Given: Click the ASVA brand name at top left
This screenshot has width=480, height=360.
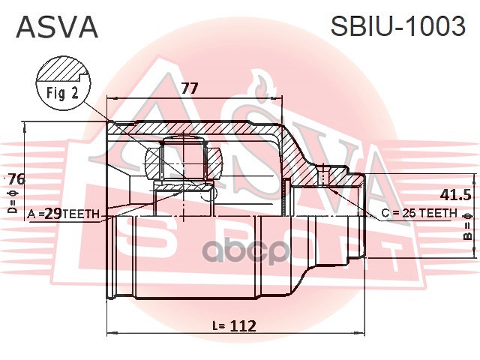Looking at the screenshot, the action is pos(57,27).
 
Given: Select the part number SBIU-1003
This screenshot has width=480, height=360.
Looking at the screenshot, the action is pos(398,26).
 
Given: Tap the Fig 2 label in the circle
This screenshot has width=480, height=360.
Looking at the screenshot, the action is pos(63,93).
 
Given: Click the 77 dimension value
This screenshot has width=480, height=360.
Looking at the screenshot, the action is pos(190,88).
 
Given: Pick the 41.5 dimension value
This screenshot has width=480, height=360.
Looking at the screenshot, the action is pos(455,195).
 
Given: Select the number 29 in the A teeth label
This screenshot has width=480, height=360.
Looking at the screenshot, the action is pos(54,213).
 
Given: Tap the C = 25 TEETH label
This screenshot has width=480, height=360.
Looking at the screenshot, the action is pos(419,213).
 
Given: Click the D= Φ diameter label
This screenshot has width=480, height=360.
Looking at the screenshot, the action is pos(13,202).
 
